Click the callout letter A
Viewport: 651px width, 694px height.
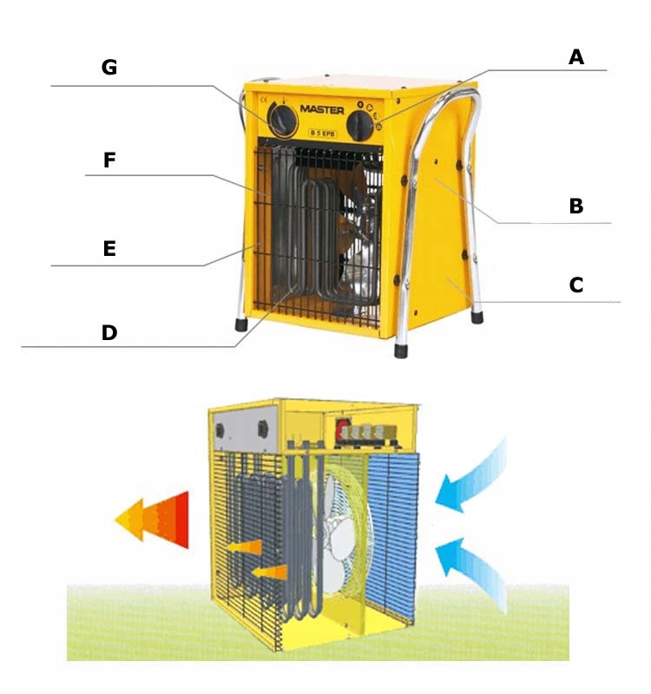576,57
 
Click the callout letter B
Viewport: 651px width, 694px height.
575,206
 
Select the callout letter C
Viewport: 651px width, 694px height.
575,285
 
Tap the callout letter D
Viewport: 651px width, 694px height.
109,332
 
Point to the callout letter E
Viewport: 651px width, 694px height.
108,249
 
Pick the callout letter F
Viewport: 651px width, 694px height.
109,160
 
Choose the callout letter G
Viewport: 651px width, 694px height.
109,68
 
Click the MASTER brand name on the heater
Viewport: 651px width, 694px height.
322,110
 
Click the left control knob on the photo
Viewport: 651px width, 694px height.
282,121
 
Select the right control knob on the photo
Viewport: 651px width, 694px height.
360,127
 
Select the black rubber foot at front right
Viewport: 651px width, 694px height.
401,350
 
